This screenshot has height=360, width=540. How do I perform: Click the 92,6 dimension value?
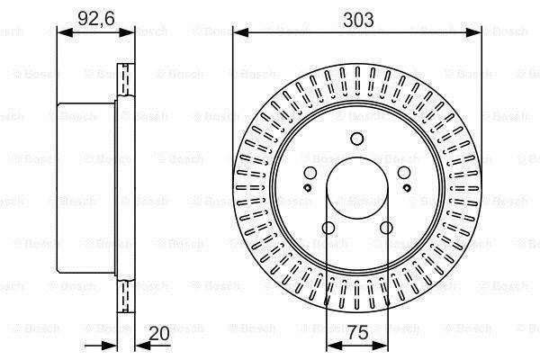click(x=96, y=18)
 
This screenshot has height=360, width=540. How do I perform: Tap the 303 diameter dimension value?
click(x=358, y=20)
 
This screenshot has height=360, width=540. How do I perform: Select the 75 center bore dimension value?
click(x=358, y=333)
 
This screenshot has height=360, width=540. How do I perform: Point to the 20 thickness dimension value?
click(x=159, y=333)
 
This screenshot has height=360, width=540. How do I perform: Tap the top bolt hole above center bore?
click(x=357, y=139)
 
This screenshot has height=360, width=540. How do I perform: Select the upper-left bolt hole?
click(x=310, y=173)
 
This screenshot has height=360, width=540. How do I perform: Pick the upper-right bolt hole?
click(x=404, y=173)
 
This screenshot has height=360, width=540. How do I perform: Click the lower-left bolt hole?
click(x=328, y=228)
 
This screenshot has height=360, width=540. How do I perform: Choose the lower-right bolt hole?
click(x=386, y=228)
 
